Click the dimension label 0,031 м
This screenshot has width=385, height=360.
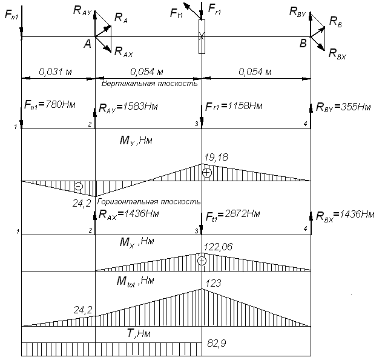pos(56,73)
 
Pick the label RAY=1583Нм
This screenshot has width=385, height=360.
pos(128,108)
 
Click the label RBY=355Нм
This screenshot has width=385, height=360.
pos(343,108)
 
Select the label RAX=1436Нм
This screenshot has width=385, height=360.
pos(128,215)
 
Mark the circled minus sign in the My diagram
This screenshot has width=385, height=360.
pos(78,186)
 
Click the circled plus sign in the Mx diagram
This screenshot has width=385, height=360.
pos(202,261)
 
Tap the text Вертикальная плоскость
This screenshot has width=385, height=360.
pos(150,84)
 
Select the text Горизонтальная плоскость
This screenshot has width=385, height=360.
pos(150,201)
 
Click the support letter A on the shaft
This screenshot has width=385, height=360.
pos(87,43)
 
